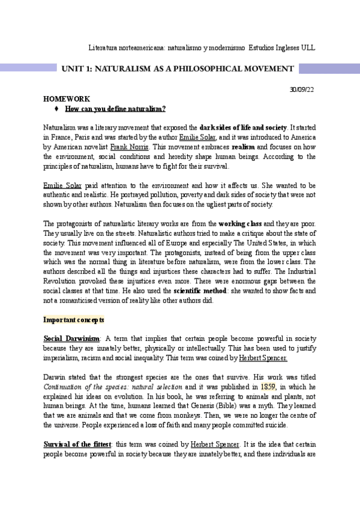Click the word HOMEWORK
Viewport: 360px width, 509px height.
pyautogui.click(x=67, y=98)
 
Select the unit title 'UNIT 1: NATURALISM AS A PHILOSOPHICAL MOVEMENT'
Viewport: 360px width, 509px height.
pyautogui.click(x=177, y=69)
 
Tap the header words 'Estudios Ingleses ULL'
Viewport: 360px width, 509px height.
pyautogui.click(x=281, y=47)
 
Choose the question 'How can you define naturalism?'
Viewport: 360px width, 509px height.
pyautogui.click(x=115, y=109)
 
